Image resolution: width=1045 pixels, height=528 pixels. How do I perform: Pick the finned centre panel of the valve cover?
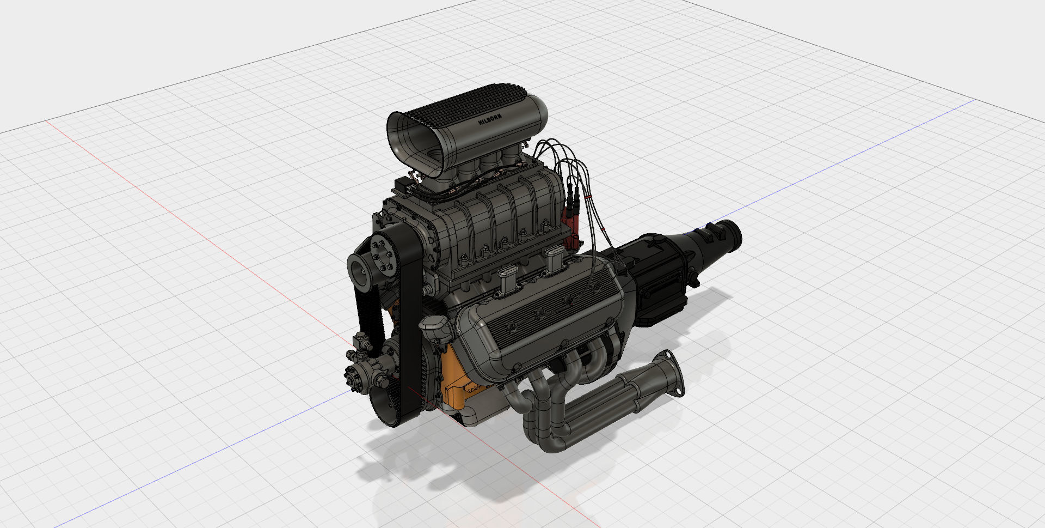[x=550, y=316]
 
